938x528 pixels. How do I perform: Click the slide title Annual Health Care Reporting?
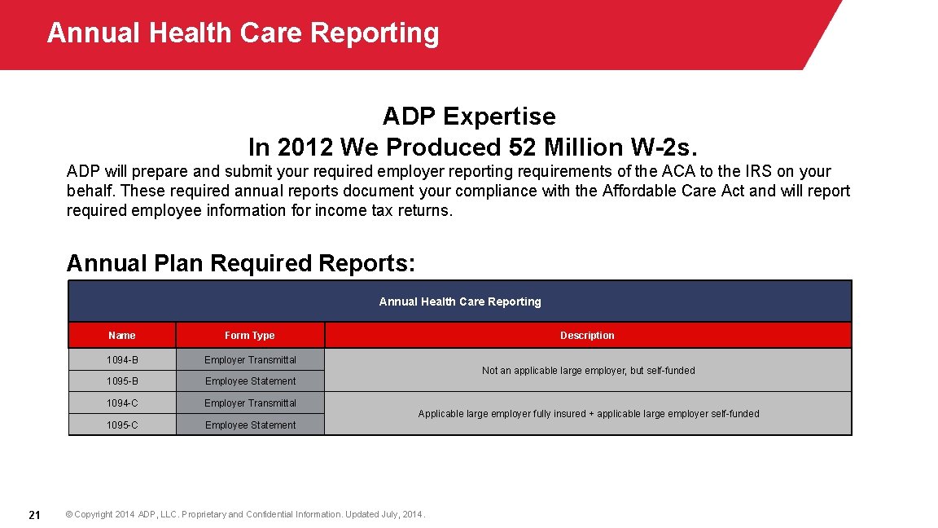click(243, 33)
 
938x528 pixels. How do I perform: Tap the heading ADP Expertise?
click(469, 117)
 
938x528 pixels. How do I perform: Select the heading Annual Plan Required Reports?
click(241, 263)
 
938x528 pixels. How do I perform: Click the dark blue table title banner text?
click(460, 301)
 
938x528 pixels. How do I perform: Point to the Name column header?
click(122, 336)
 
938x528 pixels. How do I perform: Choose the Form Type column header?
click(250, 336)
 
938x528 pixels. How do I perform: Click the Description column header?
click(587, 336)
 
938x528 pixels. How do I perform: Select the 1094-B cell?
click(122, 359)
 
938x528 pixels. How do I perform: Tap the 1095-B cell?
click(122, 381)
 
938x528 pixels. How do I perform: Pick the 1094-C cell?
click(122, 403)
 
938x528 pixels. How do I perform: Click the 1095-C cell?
click(122, 425)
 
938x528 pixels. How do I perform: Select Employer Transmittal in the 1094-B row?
click(250, 359)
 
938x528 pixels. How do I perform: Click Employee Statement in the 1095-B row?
click(250, 381)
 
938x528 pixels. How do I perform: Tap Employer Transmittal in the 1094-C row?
click(250, 403)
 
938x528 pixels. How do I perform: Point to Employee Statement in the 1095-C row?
click(250, 425)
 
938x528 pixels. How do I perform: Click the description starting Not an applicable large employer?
click(588, 371)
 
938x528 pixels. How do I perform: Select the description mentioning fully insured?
click(588, 414)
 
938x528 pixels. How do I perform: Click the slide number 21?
click(34, 514)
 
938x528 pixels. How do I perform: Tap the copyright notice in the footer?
click(245, 514)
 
